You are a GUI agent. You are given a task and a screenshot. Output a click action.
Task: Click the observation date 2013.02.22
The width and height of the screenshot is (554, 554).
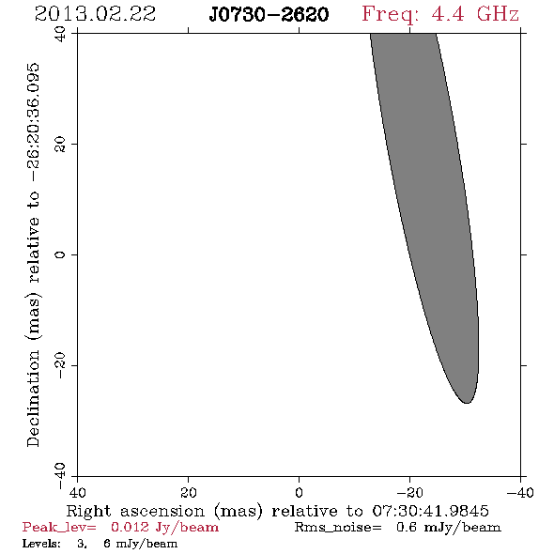95,14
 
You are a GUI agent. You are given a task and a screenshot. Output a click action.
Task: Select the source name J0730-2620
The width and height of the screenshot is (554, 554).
269,14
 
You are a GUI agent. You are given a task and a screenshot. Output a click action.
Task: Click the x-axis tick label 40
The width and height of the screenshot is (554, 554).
77,492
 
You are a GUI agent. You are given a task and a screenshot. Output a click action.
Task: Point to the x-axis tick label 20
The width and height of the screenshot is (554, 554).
189,492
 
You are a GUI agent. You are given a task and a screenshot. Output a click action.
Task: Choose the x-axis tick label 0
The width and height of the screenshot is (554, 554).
299,492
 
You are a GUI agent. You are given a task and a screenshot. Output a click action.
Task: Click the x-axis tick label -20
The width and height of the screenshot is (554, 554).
409,492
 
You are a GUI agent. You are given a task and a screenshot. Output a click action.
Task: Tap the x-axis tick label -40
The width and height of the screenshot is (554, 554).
520,492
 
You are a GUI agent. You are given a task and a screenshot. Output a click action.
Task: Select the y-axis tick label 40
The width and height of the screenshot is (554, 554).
60,34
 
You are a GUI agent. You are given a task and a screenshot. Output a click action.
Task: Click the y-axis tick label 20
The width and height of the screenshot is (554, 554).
60,145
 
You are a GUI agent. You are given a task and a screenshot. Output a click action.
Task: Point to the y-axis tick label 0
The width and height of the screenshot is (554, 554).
60,254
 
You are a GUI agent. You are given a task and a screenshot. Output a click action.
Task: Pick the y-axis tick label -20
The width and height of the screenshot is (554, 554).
60,365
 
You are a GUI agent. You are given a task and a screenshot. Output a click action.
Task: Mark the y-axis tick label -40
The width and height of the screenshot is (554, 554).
60,476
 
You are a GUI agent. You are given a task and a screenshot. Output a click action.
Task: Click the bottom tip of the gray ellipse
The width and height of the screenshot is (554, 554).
467,403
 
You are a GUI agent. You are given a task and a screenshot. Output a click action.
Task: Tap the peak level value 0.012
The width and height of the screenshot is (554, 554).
130,527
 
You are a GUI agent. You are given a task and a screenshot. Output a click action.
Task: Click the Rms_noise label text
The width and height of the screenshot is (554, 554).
338,528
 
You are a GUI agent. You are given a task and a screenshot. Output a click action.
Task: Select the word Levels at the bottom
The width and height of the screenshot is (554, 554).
41,544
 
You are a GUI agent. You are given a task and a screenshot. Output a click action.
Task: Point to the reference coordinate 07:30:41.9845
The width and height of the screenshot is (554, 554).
430,511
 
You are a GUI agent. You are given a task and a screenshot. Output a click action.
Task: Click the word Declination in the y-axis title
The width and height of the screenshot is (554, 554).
33,399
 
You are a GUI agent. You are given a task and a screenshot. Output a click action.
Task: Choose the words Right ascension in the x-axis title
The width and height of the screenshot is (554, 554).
135,511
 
